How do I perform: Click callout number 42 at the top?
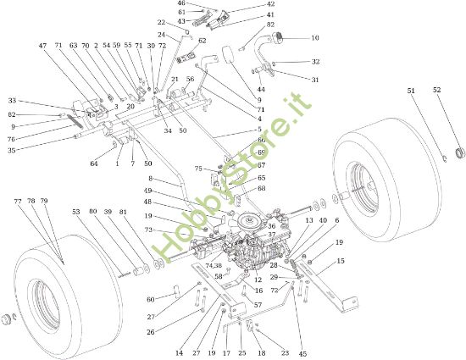247,4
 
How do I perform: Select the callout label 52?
437,91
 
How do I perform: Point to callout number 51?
411,91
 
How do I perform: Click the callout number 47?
43,46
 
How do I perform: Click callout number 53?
75,212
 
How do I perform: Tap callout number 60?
151,300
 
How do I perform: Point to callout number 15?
341,262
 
